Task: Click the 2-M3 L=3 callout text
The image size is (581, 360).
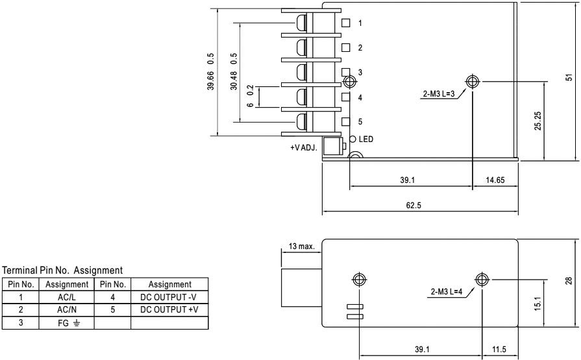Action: pos(439,93)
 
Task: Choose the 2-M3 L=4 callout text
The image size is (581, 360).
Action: pos(447,291)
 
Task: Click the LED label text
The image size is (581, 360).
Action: pos(366,139)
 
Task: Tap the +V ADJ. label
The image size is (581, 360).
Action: pos(304,148)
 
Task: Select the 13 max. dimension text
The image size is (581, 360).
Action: pos(301,246)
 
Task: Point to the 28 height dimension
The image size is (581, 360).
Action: pos(569,280)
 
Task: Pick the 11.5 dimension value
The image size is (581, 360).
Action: pos(499,349)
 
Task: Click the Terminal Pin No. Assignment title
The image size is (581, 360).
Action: pos(63,270)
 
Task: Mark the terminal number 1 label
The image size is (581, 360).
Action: pos(360,23)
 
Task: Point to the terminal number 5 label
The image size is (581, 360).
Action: pos(360,121)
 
